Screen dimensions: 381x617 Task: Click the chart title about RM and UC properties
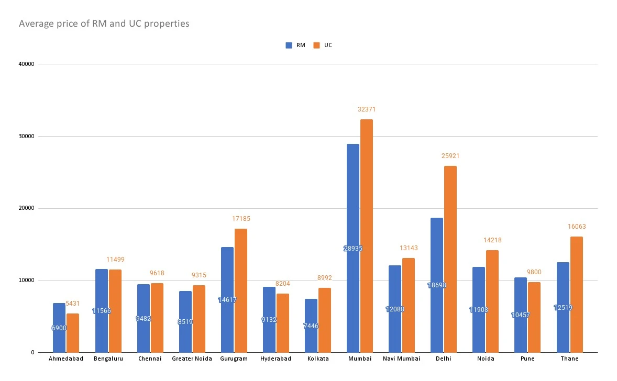pos(104,24)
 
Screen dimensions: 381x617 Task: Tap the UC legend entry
pos(323,45)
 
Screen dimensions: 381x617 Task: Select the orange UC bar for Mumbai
pos(367,236)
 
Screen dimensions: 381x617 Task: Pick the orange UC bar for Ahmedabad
pos(73,333)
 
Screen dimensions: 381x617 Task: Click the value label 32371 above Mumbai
pos(367,109)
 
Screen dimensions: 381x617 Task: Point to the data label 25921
pos(450,156)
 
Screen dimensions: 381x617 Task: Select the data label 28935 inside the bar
pos(353,249)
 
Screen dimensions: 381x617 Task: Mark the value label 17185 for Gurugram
pos(241,219)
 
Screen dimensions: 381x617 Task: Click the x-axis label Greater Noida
pos(192,359)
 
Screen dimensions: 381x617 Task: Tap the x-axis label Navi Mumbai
pos(402,359)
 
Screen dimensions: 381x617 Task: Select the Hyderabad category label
pos(276,359)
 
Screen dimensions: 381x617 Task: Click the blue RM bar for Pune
pos(520,315)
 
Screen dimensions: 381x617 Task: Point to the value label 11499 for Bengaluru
pos(115,260)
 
